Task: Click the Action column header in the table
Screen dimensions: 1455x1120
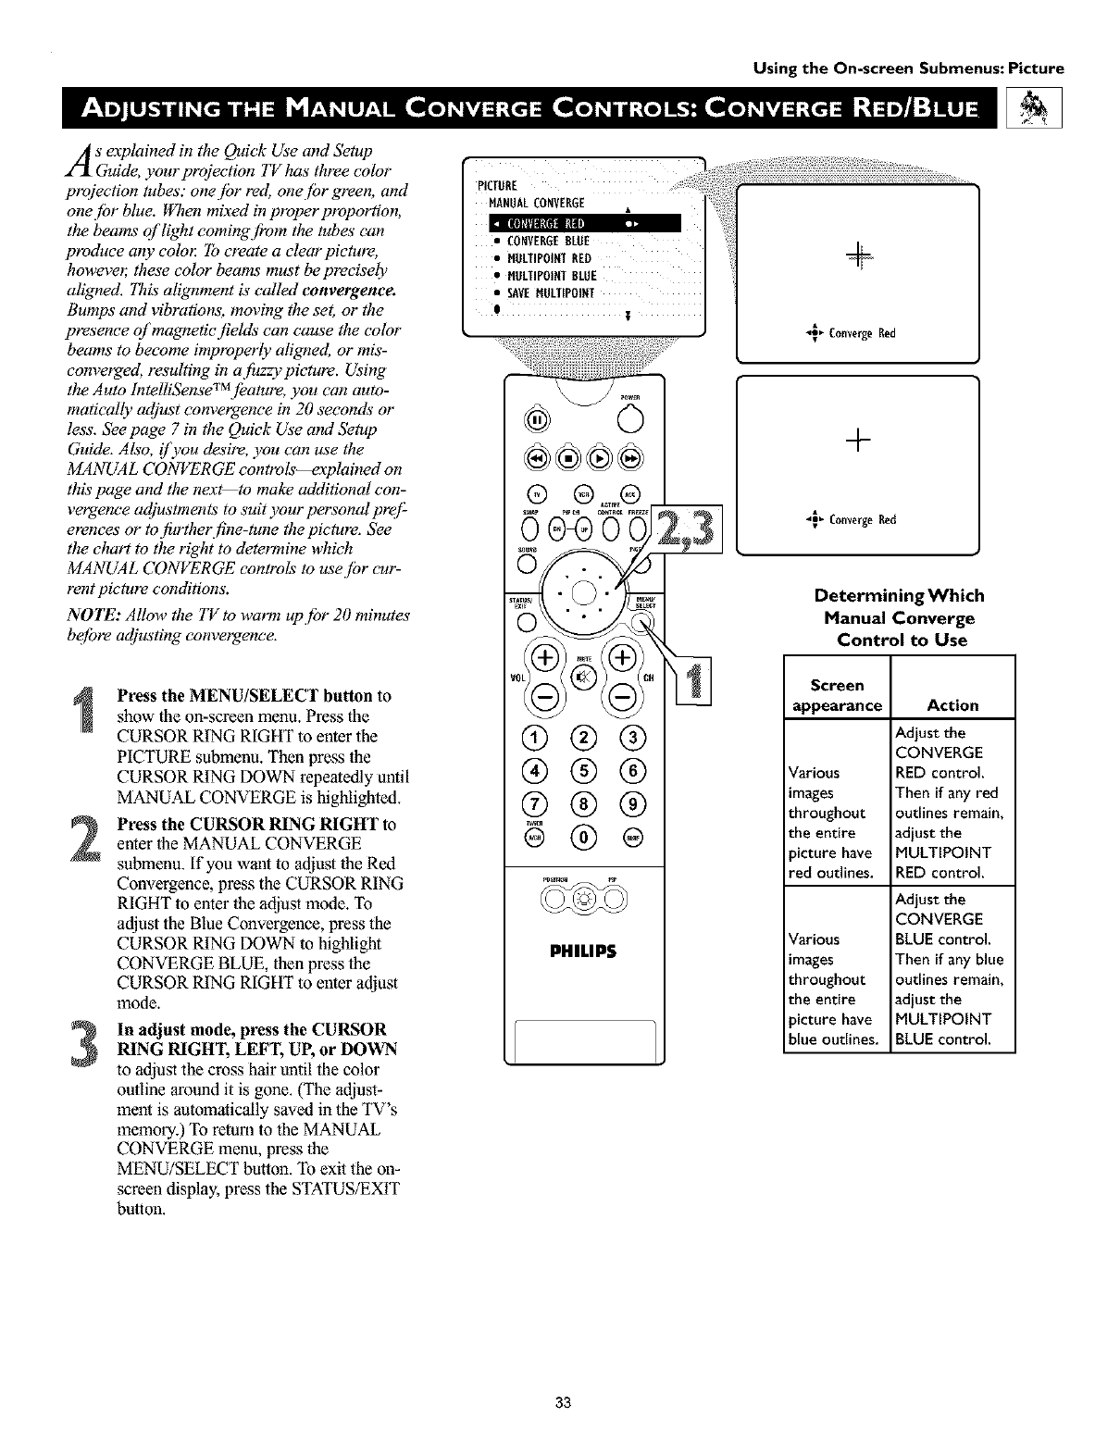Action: click(952, 705)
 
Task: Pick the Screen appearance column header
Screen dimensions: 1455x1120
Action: click(836, 695)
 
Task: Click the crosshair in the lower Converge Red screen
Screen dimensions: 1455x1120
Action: click(858, 442)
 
